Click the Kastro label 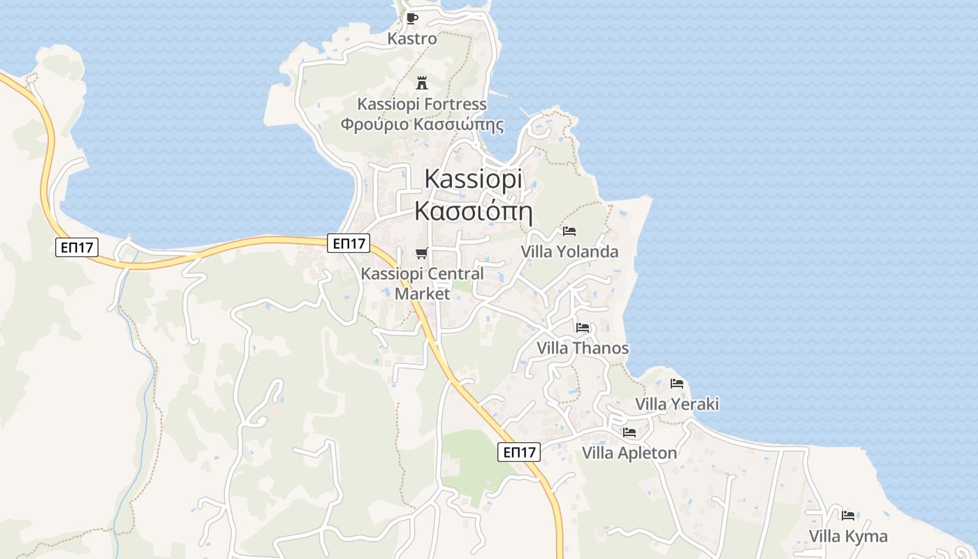pos(412,39)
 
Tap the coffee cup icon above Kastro pos(411,18)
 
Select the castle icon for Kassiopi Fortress pos(421,83)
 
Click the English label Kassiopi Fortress pos(422,104)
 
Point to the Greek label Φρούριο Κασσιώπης pos(422,124)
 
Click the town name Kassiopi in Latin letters pos(473,179)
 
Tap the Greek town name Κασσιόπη pos(473,210)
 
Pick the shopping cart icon pos(421,253)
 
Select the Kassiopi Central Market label pos(422,283)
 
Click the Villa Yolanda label pos(569,252)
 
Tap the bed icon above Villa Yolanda pos(569,231)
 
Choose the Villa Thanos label pos(583,348)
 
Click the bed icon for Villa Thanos pos(583,327)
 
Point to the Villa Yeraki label pos(676,404)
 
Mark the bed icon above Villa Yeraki pos(676,383)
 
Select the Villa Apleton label pos(629,453)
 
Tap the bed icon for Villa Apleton pos(629,433)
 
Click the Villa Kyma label pos(848,536)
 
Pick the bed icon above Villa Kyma pos(848,516)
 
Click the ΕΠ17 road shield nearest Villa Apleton pos(520,452)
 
